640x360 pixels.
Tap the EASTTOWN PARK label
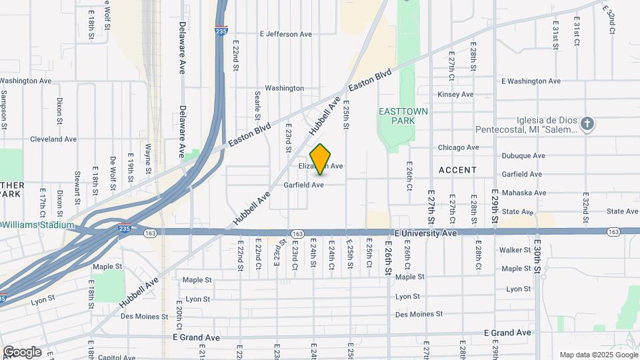pyautogui.click(x=403, y=116)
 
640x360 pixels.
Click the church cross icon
pyautogui.click(x=587, y=124)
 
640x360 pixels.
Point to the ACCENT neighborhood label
pyautogui.click(x=457, y=170)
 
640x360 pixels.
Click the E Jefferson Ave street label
pyautogui.click(x=286, y=34)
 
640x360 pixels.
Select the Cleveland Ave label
pyautogui.click(x=53, y=139)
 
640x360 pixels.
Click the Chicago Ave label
pyautogui.click(x=459, y=147)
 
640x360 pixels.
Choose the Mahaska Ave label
pyautogui.click(x=525, y=193)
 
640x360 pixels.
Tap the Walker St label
pyautogui.click(x=515, y=251)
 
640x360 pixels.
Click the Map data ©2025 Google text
pyautogui.click(x=597, y=355)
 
